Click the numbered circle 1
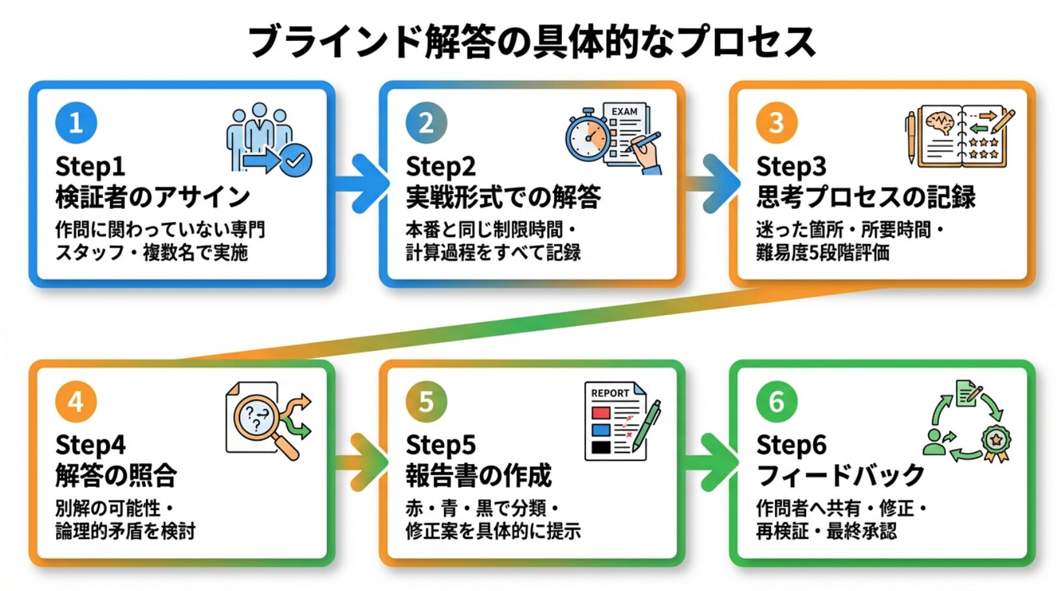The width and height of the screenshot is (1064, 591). click(76, 122)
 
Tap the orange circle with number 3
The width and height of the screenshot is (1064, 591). click(776, 122)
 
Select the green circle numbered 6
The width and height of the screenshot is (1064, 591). click(776, 402)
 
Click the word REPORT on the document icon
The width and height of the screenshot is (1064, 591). click(610, 393)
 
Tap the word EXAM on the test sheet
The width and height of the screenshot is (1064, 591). click(624, 111)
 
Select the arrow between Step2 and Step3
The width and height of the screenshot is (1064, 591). click(713, 184)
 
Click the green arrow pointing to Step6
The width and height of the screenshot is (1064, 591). click(713, 463)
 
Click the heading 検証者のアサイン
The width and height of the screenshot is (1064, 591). click(152, 197)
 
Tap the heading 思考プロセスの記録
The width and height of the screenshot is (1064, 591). click(865, 197)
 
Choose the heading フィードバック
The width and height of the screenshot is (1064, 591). click(840, 475)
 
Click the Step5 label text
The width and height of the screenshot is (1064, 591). click(440, 445)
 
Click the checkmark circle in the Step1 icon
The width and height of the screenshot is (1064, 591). click(296, 159)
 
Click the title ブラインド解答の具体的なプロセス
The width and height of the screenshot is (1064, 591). click(531, 42)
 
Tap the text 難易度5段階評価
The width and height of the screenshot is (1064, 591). click(822, 253)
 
